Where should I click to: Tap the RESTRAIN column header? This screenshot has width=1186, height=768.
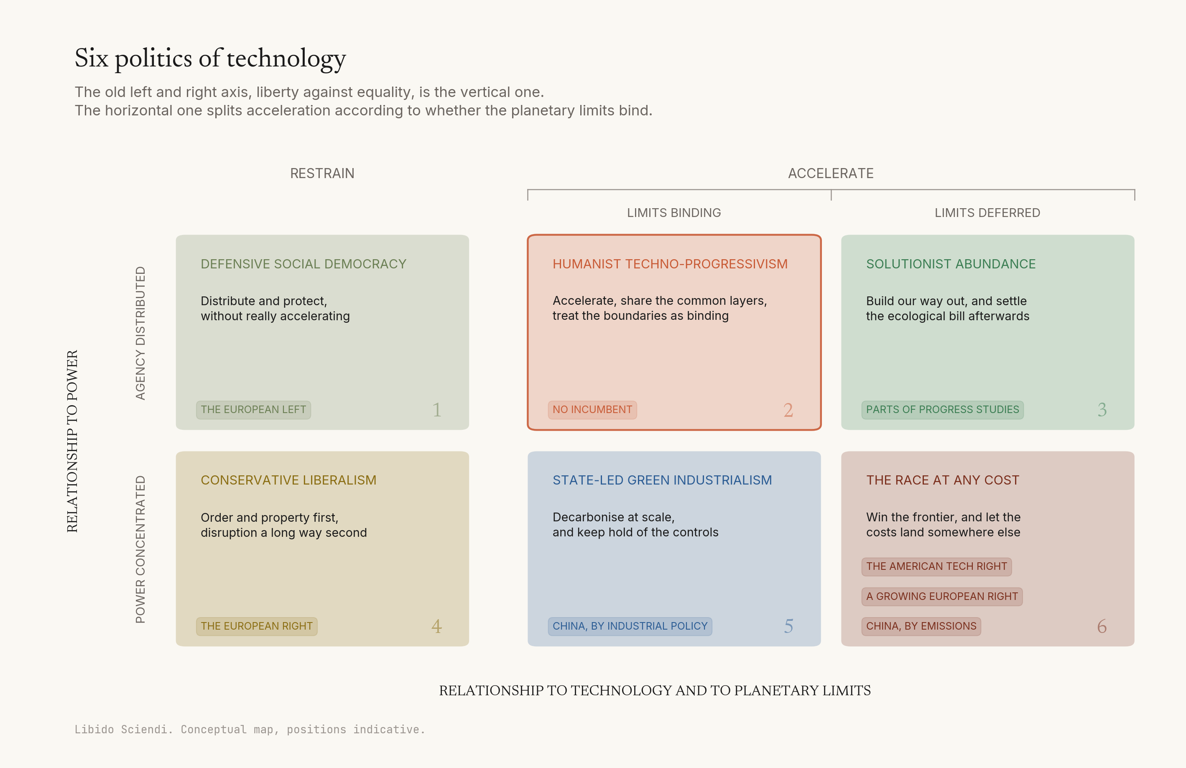tap(322, 174)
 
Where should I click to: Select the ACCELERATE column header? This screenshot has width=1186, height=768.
tap(831, 174)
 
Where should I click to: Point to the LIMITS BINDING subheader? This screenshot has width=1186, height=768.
tap(674, 213)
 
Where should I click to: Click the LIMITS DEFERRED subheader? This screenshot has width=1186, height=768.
tap(987, 213)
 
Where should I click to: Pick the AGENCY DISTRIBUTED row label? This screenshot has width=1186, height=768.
tap(140, 333)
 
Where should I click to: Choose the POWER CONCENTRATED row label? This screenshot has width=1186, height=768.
tap(140, 549)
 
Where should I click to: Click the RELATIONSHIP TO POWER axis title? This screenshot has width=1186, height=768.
tap(72, 441)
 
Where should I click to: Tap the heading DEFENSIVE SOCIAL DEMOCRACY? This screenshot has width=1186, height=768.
tap(304, 264)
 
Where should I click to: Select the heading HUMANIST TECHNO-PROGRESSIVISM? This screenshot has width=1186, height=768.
tap(670, 264)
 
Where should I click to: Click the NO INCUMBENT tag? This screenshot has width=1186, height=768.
tap(592, 410)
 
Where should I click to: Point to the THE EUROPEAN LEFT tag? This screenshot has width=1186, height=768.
tap(253, 410)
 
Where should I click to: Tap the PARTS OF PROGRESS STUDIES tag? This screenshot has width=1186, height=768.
tap(942, 410)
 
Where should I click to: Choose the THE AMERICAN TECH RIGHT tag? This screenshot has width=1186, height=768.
tap(936, 566)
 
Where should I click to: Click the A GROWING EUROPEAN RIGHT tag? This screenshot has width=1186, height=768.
tap(942, 597)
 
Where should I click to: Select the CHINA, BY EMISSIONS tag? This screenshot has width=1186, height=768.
tap(921, 626)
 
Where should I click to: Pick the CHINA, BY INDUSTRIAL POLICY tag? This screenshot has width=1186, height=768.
tap(630, 626)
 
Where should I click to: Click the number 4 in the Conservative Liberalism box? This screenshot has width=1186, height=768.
tap(436, 626)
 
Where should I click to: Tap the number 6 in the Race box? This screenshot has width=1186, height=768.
tap(1102, 626)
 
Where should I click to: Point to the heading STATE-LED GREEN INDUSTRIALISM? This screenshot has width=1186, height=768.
tap(662, 480)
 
